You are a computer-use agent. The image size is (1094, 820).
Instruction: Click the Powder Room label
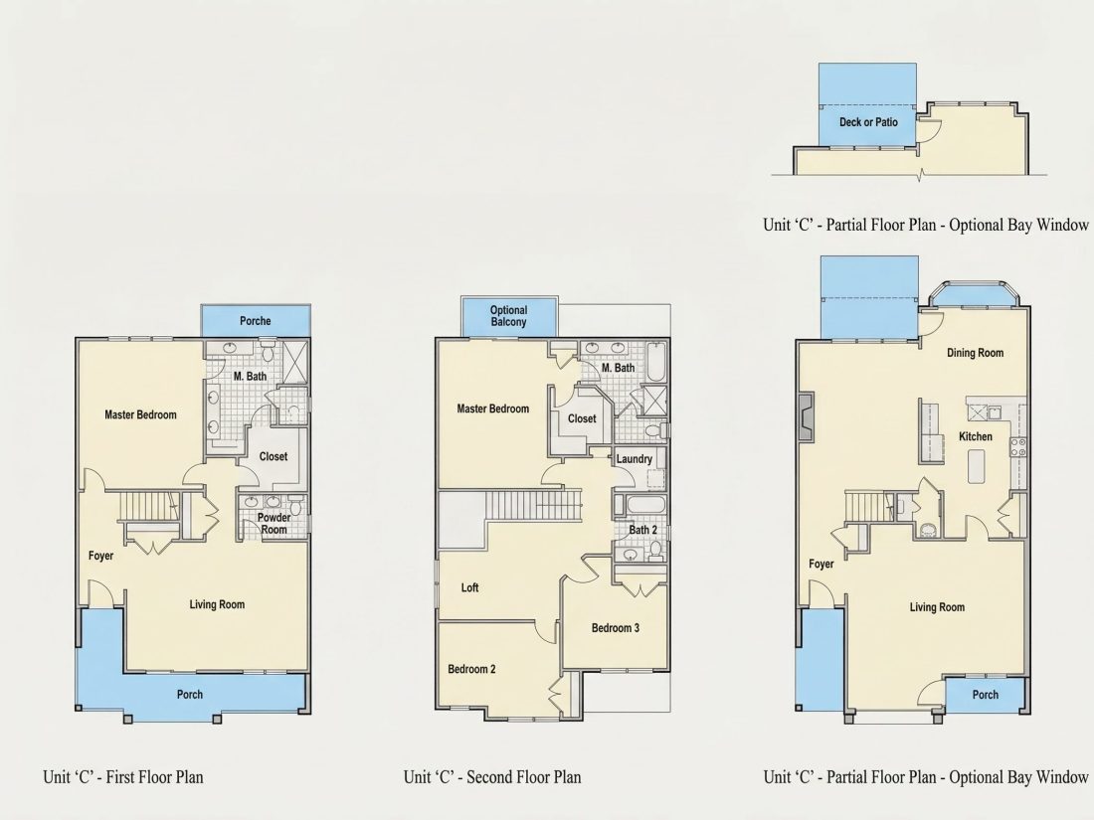274,524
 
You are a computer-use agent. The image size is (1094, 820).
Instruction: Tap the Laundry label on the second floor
635,459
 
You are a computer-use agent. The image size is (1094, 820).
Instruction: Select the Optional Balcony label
508,316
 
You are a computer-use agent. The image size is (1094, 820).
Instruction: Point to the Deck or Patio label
868,122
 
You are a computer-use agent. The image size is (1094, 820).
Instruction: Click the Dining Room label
976,353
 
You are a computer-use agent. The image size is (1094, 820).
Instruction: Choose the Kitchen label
976,436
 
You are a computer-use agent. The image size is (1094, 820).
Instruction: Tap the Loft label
470,587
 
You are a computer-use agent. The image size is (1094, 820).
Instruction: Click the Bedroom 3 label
616,628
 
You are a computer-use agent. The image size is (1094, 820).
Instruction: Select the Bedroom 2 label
471,669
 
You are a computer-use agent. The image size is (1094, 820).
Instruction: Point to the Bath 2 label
643,530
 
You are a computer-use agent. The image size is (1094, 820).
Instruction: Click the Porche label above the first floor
256,321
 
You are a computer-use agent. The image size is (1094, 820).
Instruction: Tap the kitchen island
977,466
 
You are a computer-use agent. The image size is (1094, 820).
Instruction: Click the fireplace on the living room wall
806,417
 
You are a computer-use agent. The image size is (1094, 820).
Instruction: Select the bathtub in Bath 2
639,506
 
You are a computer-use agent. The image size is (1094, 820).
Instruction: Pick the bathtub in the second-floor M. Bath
656,361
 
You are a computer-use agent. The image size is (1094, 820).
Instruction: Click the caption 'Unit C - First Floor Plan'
123,777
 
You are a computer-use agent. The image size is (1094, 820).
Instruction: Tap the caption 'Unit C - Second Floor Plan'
492,777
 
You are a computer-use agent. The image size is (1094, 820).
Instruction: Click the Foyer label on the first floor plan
100,556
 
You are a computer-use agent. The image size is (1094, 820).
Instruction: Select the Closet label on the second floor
582,418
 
